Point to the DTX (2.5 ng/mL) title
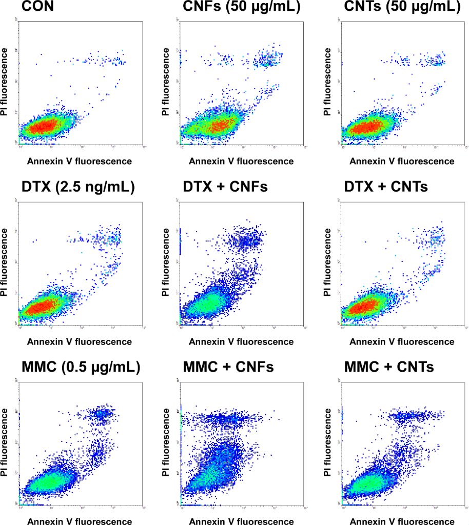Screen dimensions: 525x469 pos(78,188)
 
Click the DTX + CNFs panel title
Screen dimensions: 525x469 pos(225,188)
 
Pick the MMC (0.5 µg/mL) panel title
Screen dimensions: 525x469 pos(82,367)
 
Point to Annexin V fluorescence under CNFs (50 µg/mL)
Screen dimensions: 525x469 pos(241,161)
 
